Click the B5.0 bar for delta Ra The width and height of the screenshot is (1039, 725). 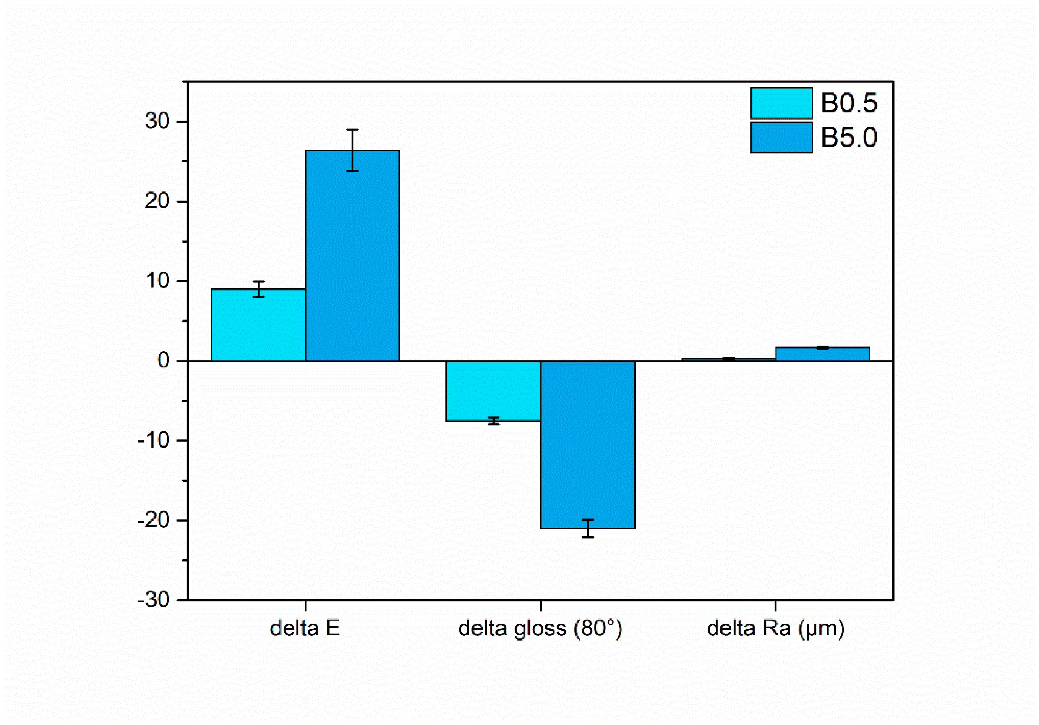click(x=823, y=354)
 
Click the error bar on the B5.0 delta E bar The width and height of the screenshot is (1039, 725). click(x=353, y=150)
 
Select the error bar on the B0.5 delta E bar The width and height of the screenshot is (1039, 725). click(x=258, y=289)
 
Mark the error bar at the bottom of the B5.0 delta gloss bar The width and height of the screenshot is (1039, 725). click(x=588, y=528)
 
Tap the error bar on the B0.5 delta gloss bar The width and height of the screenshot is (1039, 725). click(x=494, y=421)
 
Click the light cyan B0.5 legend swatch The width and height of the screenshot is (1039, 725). click(x=781, y=103)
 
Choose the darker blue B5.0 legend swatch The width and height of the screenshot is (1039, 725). click(x=781, y=138)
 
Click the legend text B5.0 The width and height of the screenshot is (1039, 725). click(x=849, y=138)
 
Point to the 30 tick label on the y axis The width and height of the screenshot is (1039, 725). click(x=157, y=121)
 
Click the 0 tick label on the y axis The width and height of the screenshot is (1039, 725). click(x=164, y=361)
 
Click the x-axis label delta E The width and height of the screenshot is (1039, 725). click(x=305, y=629)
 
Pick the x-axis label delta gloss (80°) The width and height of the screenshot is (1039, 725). click(x=540, y=629)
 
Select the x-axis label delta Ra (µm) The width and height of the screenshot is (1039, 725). click(x=776, y=629)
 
